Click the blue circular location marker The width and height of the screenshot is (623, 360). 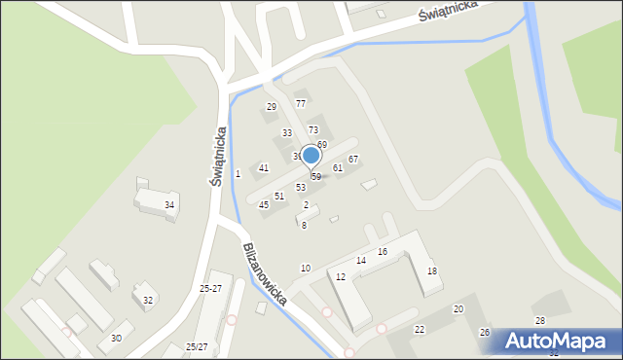[x=311, y=155]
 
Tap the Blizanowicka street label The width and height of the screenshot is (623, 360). [x=265, y=274]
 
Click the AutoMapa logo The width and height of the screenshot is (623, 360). [x=552, y=342]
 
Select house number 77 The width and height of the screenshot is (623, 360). [x=301, y=103]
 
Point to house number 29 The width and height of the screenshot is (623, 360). [x=272, y=107]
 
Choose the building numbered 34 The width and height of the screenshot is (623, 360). [x=169, y=204]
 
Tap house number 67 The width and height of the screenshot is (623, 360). [x=353, y=159]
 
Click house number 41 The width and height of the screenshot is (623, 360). [x=264, y=168]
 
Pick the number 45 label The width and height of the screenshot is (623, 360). [x=264, y=205]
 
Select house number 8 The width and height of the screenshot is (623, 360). [x=304, y=225]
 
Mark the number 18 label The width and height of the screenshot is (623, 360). [x=432, y=271]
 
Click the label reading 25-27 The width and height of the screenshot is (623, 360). [x=210, y=289]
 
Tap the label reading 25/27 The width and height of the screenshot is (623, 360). [x=197, y=346]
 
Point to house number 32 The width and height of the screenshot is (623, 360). [x=148, y=300]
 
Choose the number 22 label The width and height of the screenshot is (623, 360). [x=420, y=330]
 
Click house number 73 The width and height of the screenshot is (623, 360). [x=313, y=129]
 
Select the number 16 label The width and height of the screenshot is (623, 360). [x=383, y=252]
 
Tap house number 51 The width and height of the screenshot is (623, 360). [x=279, y=196]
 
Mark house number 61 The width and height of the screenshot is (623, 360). [x=338, y=168]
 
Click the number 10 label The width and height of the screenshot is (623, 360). [x=306, y=268]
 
